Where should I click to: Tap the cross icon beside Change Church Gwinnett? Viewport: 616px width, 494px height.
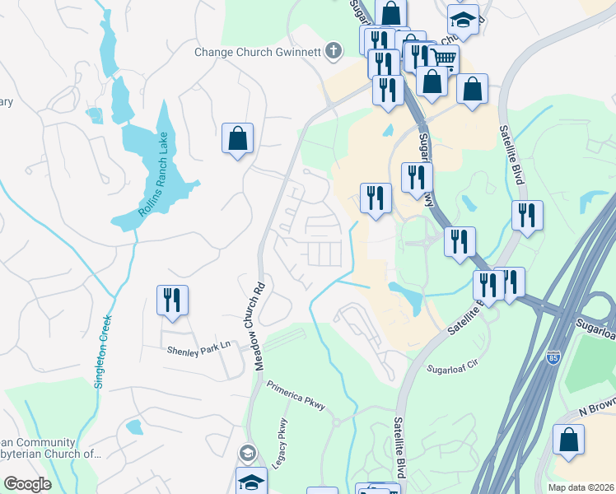334,52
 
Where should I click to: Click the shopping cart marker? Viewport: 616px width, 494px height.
443,58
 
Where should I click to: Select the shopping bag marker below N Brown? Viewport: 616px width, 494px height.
568,440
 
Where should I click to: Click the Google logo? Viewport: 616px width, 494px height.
27,484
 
